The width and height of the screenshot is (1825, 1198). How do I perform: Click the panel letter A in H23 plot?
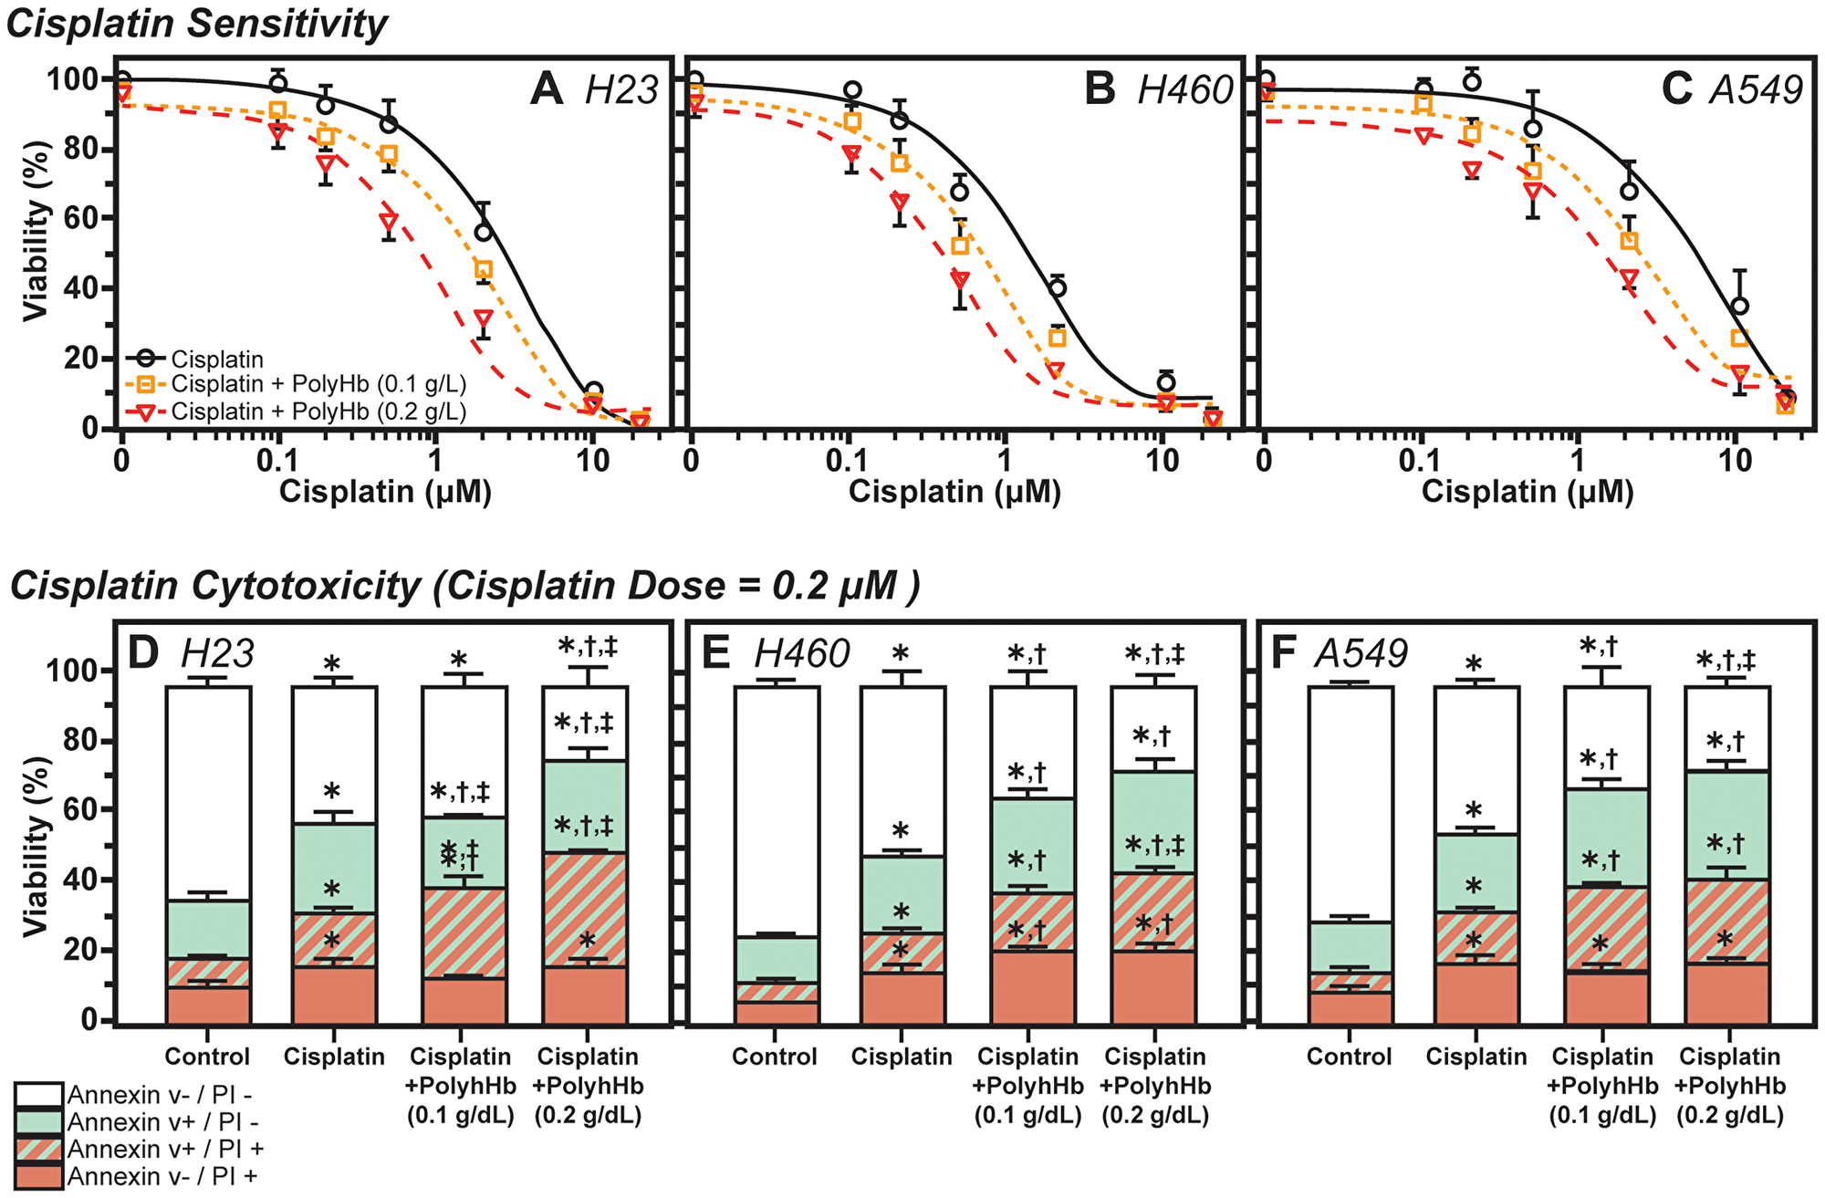[x=547, y=90]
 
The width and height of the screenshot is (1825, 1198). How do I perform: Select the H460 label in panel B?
[x=1185, y=90]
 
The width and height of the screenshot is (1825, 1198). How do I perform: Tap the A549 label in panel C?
[x=1757, y=90]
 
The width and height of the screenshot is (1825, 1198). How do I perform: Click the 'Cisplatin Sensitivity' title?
[x=197, y=24]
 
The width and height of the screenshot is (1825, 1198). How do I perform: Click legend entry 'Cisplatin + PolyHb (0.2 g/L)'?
[x=318, y=411]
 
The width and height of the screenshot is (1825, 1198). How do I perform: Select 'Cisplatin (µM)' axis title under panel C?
[x=1528, y=492]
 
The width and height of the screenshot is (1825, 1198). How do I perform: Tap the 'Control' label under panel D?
[x=207, y=1057]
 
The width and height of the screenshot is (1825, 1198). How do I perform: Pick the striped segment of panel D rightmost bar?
[x=585, y=910]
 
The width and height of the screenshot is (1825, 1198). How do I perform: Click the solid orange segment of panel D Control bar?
[x=208, y=1004]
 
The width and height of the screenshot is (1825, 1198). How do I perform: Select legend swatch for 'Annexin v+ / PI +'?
[x=38, y=1149]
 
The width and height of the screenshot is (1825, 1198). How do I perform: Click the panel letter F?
[x=1283, y=653]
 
